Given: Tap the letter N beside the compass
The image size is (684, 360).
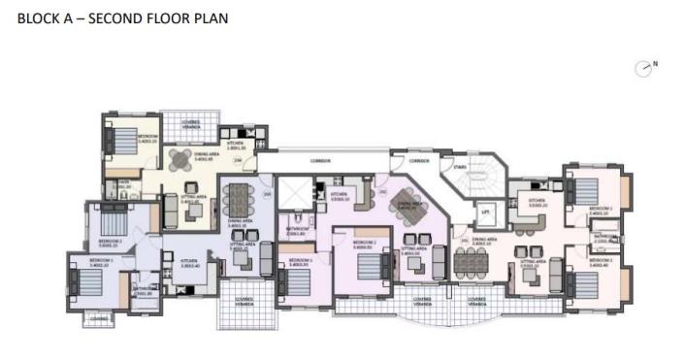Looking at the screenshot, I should (656, 63).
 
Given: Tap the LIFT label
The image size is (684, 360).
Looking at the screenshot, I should (483, 211).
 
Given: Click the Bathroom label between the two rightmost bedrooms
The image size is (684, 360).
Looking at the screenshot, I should (603, 236).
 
